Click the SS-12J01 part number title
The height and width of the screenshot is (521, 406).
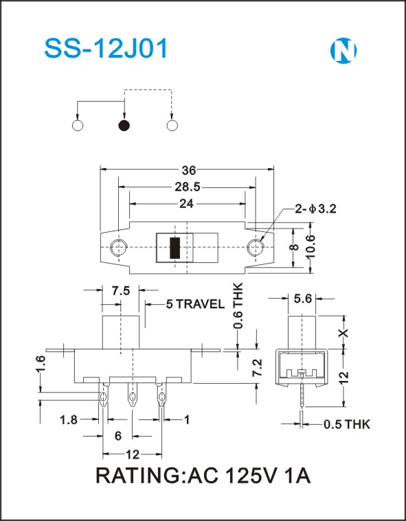106,49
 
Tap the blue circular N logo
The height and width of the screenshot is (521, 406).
343,50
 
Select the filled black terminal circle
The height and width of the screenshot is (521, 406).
124,125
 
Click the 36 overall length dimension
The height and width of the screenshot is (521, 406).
189,170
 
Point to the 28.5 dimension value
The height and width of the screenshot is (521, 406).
188,187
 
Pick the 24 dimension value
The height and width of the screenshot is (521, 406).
186,204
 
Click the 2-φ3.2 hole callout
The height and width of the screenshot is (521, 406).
315,209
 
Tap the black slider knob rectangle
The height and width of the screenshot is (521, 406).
175,248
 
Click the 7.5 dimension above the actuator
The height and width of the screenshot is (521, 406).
121,291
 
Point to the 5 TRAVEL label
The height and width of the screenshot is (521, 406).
195,304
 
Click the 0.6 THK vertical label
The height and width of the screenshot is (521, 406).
238,305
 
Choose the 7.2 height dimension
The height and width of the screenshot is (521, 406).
258,367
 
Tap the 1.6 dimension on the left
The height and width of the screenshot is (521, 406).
41,364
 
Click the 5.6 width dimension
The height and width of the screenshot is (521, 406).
302,299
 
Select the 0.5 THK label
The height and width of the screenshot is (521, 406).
347,424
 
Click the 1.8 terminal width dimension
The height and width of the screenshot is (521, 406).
69,420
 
